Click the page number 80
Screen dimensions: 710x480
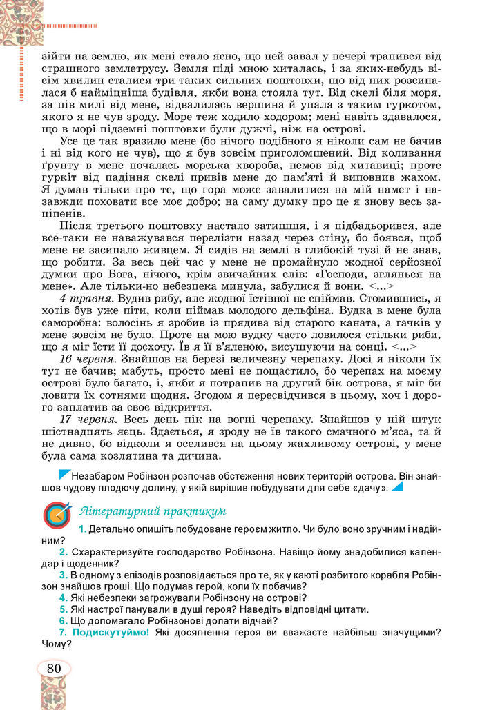click(53, 668)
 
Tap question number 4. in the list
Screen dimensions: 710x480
click(63, 597)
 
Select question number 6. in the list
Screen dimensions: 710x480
click(63, 621)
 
